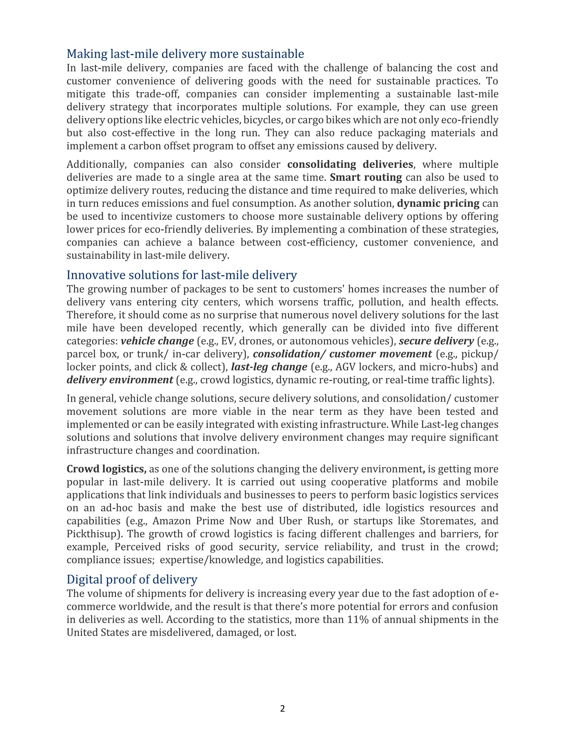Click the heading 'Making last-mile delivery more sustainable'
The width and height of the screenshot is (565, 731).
pyautogui.click(x=185, y=54)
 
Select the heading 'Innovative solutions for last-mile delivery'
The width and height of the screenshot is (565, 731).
pyautogui.click(x=182, y=275)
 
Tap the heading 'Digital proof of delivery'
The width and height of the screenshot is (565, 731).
pyautogui.click(x=132, y=579)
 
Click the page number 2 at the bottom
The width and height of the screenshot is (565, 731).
pyautogui.click(x=282, y=709)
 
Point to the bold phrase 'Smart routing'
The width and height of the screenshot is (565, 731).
pyautogui.click(x=366, y=177)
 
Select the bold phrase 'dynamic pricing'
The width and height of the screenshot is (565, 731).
pyautogui.click(x=438, y=204)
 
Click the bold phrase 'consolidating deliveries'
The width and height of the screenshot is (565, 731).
pyautogui.click(x=350, y=164)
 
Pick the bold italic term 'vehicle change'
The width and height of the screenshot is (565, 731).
pyautogui.click(x=157, y=341)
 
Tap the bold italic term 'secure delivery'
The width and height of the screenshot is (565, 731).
pyautogui.click(x=436, y=341)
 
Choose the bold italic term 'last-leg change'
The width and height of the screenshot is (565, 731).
pyautogui.click(x=269, y=367)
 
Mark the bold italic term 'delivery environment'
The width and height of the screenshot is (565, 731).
pyautogui.click(x=120, y=380)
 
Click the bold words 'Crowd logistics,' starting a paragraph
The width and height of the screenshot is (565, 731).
pyautogui.click(x=106, y=469)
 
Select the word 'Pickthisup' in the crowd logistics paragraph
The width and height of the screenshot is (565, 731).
pyautogui.click(x=91, y=534)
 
